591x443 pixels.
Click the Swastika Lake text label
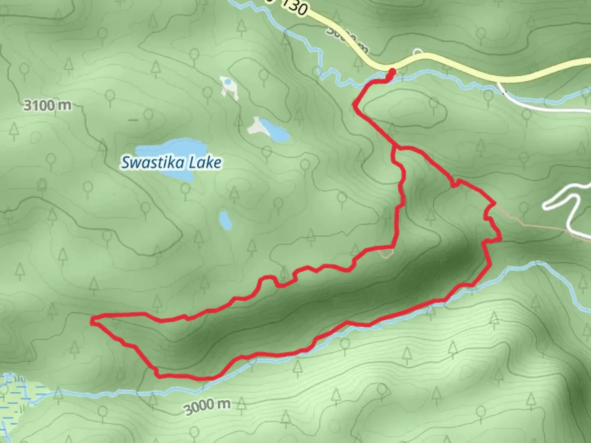pos(171,163)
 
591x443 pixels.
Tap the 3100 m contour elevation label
pos(47,105)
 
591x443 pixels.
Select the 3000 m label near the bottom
pos(207,406)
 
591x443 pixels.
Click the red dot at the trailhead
pos(392,72)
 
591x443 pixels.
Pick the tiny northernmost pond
pos(227,82)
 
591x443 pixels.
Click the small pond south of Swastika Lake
pos(225,221)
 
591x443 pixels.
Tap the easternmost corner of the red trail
pos(500,239)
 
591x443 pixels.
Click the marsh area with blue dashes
pos(16,394)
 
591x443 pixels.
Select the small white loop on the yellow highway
pos(418,52)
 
